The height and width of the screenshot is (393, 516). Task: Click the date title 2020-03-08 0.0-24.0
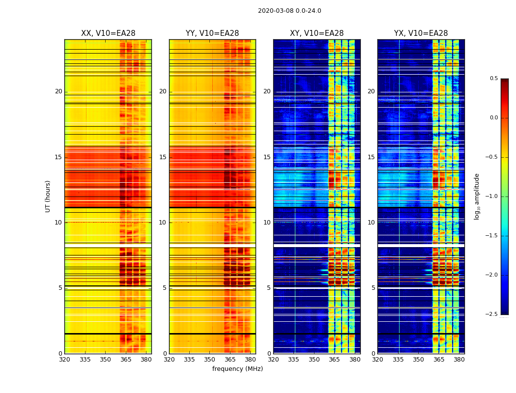tap(289, 11)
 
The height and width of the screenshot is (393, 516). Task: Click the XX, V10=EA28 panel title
tap(108, 33)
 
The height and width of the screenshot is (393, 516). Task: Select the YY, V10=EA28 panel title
tap(212, 33)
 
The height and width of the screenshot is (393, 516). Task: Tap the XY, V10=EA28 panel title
tap(316, 33)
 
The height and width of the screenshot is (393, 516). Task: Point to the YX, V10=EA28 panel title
tap(421, 33)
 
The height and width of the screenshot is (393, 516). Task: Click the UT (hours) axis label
tap(48, 196)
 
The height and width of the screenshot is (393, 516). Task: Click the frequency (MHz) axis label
tap(237, 369)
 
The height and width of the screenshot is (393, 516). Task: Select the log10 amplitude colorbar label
tap(477, 196)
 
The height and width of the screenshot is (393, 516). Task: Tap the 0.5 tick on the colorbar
tap(493, 79)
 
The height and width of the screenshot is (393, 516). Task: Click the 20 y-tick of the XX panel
tap(58, 91)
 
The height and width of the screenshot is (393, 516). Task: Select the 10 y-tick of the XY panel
tap(267, 223)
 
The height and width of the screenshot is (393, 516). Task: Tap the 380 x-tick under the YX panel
tap(459, 359)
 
